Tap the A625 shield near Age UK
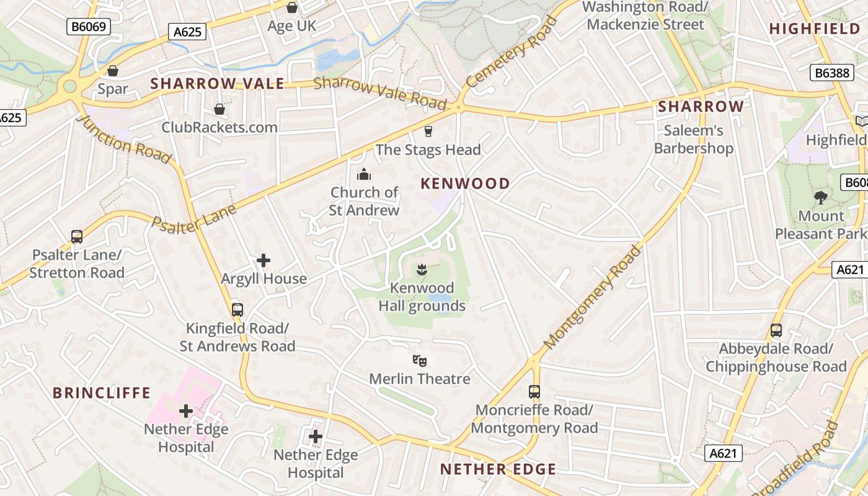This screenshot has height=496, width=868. pyautogui.click(x=187, y=32)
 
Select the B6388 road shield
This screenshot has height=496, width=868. pyautogui.click(x=831, y=73)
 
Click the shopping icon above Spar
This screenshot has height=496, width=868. pyautogui.click(x=112, y=71)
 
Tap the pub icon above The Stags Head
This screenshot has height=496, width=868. pyautogui.click(x=427, y=131)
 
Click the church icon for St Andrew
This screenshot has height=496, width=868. pyautogui.click(x=364, y=174)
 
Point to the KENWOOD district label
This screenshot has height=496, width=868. pyautogui.click(x=465, y=184)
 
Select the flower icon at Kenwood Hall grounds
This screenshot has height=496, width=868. pyautogui.click(x=422, y=270)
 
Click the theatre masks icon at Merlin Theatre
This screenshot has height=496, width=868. pyautogui.click(x=420, y=360)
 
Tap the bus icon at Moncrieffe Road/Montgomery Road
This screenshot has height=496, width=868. pyautogui.click(x=534, y=392)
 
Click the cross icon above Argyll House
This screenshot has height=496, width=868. pyautogui.click(x=263, y=260)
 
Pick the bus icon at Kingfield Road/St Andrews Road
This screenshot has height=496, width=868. pyautogui.click(x=237, y=310)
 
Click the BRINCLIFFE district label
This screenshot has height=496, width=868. pyautogui.click(x=102, y=393)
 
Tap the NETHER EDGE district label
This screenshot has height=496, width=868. pyautogui.click(x=498, y=469)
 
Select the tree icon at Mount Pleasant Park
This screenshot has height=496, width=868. pyautogui.click(x=821, y=198)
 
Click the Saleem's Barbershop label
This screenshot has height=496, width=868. pyautogui.click(x=694, y=139)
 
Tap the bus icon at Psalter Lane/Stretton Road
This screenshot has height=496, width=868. pyautogui.click(x=77, y=237)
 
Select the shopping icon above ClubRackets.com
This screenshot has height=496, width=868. pyautogui.click(x=219, y=110)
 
